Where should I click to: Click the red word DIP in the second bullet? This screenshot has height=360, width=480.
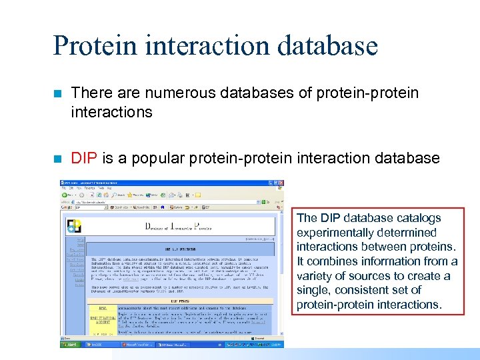click(x=83, y=158)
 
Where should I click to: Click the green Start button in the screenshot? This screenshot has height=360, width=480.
click(x=70, y=345)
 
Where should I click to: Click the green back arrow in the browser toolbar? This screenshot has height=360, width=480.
click(x=66, y=194)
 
